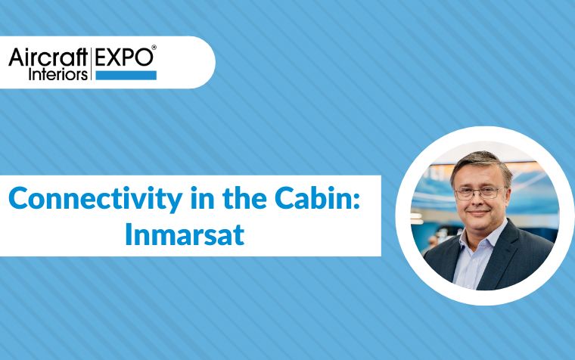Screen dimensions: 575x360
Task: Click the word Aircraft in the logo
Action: pos(48,57)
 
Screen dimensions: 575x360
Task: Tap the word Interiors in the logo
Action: pos(58,74)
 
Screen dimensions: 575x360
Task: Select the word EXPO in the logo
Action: pos(123,57)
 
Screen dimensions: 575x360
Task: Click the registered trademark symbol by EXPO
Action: pos(154,48)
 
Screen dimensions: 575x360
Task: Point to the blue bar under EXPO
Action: pos(126,75)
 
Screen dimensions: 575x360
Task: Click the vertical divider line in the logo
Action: pos(91,64)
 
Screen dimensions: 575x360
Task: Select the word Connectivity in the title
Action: pos(95,199)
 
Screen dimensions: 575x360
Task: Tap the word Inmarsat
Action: pos(185,234)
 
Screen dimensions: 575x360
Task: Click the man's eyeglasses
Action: pos(480,192)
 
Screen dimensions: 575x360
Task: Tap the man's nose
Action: pos(475,202)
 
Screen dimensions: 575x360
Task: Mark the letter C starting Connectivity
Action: pos(17,198)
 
